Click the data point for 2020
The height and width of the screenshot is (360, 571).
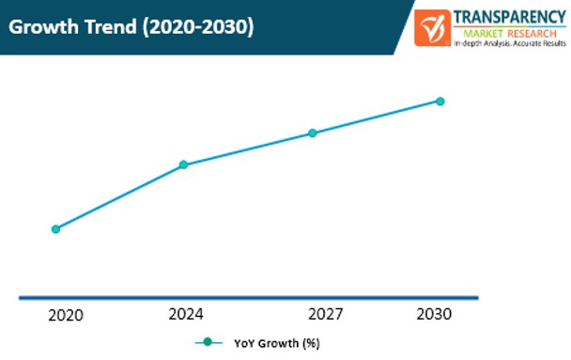pyautogui.click(x=55, y=228)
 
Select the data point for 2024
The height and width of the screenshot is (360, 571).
pyautogui.click(x=183, y=164)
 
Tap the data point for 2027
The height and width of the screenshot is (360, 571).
pyautogui.click(x=312, y=133)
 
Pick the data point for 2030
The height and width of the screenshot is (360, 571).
pyautogui.click(x=440, y=101)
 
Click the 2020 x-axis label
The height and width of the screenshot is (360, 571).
pyautogui.click(x=65, y=315)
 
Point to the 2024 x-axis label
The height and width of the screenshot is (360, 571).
pyautogui.click(x=186, y=313)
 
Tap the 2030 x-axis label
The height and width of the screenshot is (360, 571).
pyautogui.click(x=433, y=313)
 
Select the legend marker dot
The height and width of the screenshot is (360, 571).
pyautogui.click(x=208, y=342)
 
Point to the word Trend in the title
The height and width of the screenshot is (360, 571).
pyautogui.click(x=112, y=27)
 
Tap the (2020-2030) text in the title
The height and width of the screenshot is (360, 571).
pyautogui.click(x=198, y=27)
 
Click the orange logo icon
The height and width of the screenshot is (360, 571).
pyautogui.click(x=433, y=27)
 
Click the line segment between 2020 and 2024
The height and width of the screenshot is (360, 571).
pyautogui.click(x=119, y=196)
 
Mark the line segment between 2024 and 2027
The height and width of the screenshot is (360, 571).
pyautogui.click(x=247, y=149)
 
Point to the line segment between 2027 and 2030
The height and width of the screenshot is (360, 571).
pyautogui.click(x=376, y=117)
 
